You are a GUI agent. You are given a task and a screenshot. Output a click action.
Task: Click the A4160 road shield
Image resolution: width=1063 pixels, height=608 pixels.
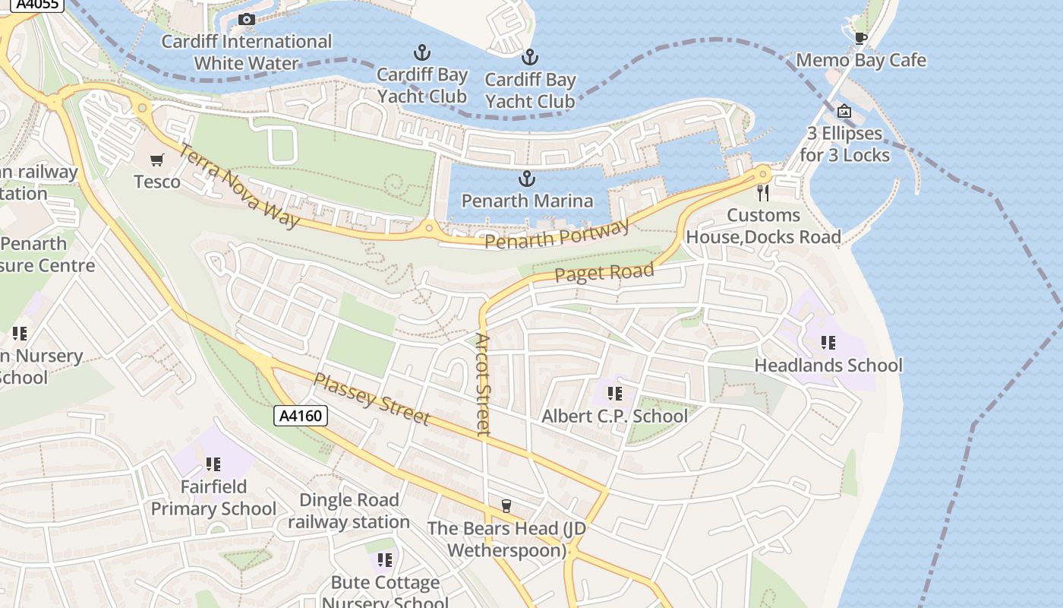click(x=301, y=416)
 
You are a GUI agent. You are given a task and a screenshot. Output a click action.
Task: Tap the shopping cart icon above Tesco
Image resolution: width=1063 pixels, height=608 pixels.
click(x=157, y=160)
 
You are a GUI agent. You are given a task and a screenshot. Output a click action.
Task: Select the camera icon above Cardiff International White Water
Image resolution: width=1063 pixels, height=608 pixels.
click(x=246, y=19)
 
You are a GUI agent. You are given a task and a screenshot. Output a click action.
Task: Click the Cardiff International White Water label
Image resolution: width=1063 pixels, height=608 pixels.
click(x=246, y=52)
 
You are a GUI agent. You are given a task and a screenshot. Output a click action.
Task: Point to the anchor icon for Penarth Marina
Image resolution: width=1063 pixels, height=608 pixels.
click(x=526, y=179)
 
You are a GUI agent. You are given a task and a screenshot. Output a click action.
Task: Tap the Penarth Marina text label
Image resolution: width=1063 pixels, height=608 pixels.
click(x=527, y=201)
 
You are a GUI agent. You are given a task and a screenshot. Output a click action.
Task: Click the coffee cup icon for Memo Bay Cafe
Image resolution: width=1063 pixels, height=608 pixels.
click(x=860, y=38)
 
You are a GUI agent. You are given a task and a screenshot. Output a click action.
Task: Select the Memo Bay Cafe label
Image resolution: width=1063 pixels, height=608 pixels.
click(x=860, y=60)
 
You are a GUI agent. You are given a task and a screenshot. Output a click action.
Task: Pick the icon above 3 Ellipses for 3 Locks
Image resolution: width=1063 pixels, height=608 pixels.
click(x=844, y=111)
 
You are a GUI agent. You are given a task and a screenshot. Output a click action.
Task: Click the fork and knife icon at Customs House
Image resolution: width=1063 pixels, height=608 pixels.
click(x=763, y=193)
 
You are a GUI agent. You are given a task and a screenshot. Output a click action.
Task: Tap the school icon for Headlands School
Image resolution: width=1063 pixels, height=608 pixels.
click(x=828, y=343)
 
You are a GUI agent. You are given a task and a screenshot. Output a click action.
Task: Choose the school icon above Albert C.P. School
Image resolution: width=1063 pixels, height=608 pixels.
click(x=614, y=394)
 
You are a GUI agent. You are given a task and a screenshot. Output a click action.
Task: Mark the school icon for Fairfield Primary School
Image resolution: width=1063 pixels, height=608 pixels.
click(x=213, y=464)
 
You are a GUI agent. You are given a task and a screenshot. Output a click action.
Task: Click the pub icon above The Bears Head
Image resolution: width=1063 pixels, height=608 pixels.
click(x=506, y=506)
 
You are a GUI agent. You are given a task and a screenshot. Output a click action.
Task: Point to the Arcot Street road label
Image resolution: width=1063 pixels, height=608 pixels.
click(x=483, y=384)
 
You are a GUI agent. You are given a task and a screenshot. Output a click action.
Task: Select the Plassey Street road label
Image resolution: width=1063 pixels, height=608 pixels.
click(x=372, y=399)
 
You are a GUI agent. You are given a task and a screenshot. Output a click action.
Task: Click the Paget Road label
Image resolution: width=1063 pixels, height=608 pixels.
click(x=604, y=273)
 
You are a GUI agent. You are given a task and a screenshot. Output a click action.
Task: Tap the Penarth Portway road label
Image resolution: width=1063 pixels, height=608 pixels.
click(x=557, y=235)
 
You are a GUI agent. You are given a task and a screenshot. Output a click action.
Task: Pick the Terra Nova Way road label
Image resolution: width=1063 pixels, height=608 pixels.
click(x=238, y=185)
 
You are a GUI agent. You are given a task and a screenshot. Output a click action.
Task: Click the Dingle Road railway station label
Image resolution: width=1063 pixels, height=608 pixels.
click(x=349, y=511)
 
